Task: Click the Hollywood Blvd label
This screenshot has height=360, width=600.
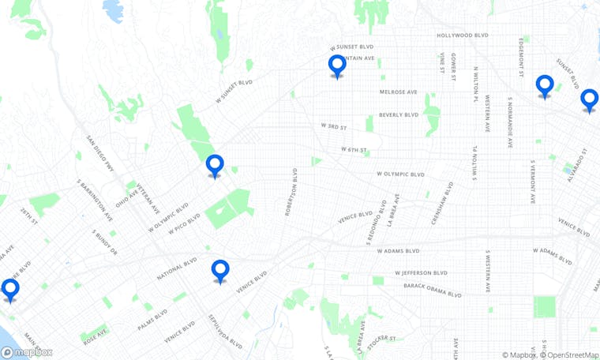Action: [x=465, y=36]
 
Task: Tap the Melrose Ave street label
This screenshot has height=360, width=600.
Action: [x=398, y=92]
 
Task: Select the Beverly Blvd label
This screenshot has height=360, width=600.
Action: [x=399, y=114]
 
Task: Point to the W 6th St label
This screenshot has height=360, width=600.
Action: [x=355, y=149]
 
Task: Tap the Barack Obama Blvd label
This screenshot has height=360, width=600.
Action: [x=433, y=291]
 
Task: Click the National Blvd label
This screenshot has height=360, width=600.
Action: [x=176, y=268]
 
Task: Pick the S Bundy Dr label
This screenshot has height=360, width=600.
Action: [x=105, y=243]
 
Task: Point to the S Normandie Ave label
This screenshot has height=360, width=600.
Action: [x=511, y=122]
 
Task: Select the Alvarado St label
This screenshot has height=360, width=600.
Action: [x=579, y=165]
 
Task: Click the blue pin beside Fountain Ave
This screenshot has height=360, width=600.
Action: [x=337, y=66]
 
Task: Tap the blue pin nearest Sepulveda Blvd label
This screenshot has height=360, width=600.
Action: [x=220, y=271]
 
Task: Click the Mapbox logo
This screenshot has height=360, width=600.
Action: [x=27, y=352]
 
